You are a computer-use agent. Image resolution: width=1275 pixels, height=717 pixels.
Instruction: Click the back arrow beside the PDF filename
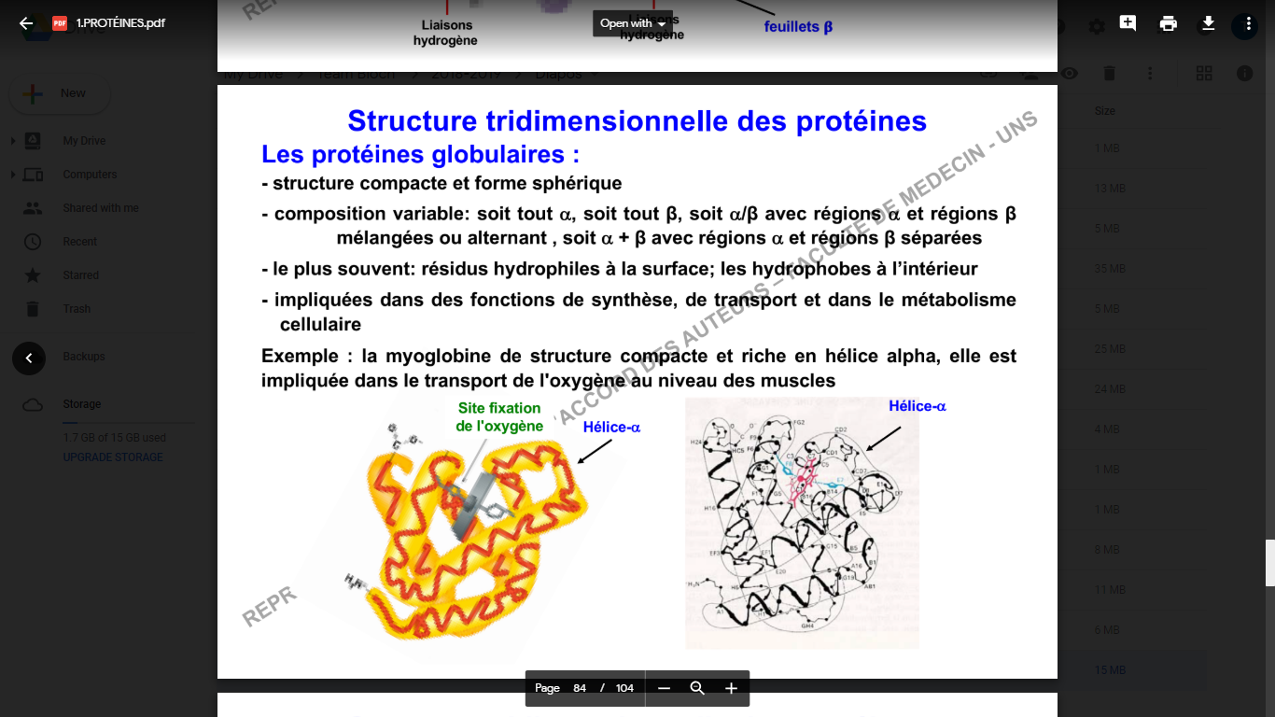(26, 23)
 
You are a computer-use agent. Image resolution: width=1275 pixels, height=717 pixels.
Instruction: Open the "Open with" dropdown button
(633, 23)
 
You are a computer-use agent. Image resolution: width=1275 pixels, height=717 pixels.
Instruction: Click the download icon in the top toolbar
(1208, 23)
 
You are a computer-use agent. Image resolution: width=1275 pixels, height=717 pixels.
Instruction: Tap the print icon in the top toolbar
(1168, 23)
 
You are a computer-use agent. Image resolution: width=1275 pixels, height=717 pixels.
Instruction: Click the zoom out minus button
(664, 688)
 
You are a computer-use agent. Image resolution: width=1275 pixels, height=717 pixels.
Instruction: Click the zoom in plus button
(731, 688)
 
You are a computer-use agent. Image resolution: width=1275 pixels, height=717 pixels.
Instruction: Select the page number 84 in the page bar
(580, 688)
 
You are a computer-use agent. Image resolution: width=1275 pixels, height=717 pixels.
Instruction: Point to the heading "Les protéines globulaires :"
(420, 154)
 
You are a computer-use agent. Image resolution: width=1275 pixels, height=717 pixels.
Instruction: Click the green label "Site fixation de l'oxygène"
(499, 417)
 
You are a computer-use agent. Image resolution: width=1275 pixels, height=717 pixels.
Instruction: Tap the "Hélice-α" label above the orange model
(611, 428)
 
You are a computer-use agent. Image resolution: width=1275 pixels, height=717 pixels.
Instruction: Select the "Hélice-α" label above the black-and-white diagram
(917, 406)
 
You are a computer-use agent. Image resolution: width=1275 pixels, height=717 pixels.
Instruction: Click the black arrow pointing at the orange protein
(595, 451)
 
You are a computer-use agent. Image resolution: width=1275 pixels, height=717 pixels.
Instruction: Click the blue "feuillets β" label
(798, 27)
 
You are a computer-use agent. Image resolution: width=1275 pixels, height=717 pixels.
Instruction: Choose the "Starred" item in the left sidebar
(80, 275)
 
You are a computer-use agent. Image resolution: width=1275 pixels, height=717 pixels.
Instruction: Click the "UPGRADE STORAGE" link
(113, 457)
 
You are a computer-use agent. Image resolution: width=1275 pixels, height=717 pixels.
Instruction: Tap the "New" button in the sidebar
(60, 93)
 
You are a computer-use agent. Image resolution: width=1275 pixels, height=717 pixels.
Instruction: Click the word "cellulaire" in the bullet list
(320, 324)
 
